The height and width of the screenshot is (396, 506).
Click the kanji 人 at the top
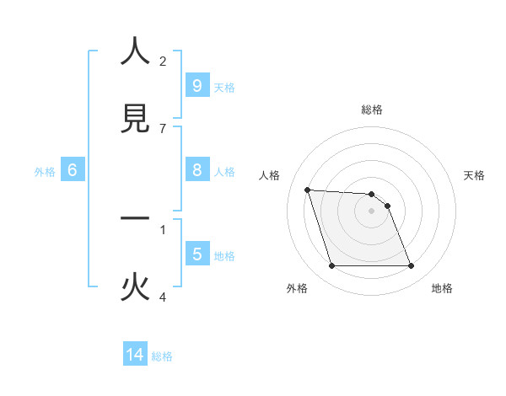point(135,52)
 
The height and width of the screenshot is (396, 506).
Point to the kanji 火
point(135,288)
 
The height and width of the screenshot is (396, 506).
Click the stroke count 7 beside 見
point(163,128)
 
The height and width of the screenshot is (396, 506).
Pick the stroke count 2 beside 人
point(163,61)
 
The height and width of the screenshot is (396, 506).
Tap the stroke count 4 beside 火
point(163,297)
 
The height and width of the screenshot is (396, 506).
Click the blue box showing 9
point(196,85)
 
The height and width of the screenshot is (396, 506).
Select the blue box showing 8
point(196,170)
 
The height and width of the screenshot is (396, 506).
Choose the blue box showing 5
point(196,254)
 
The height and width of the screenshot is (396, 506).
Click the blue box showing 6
point(73,170)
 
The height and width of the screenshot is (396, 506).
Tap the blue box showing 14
point(135,355)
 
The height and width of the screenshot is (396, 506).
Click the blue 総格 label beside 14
point(162,356)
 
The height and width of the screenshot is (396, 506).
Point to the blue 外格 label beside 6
point(45,172)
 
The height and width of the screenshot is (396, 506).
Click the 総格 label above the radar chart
point(372,110)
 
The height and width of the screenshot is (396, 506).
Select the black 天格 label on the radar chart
point(474,175)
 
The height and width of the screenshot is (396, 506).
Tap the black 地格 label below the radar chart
point(442,288)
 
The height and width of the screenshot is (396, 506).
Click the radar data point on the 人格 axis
point(308,190)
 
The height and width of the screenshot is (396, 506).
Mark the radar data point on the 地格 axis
point(411,266)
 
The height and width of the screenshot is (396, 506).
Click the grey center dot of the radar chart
point(372,211)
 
